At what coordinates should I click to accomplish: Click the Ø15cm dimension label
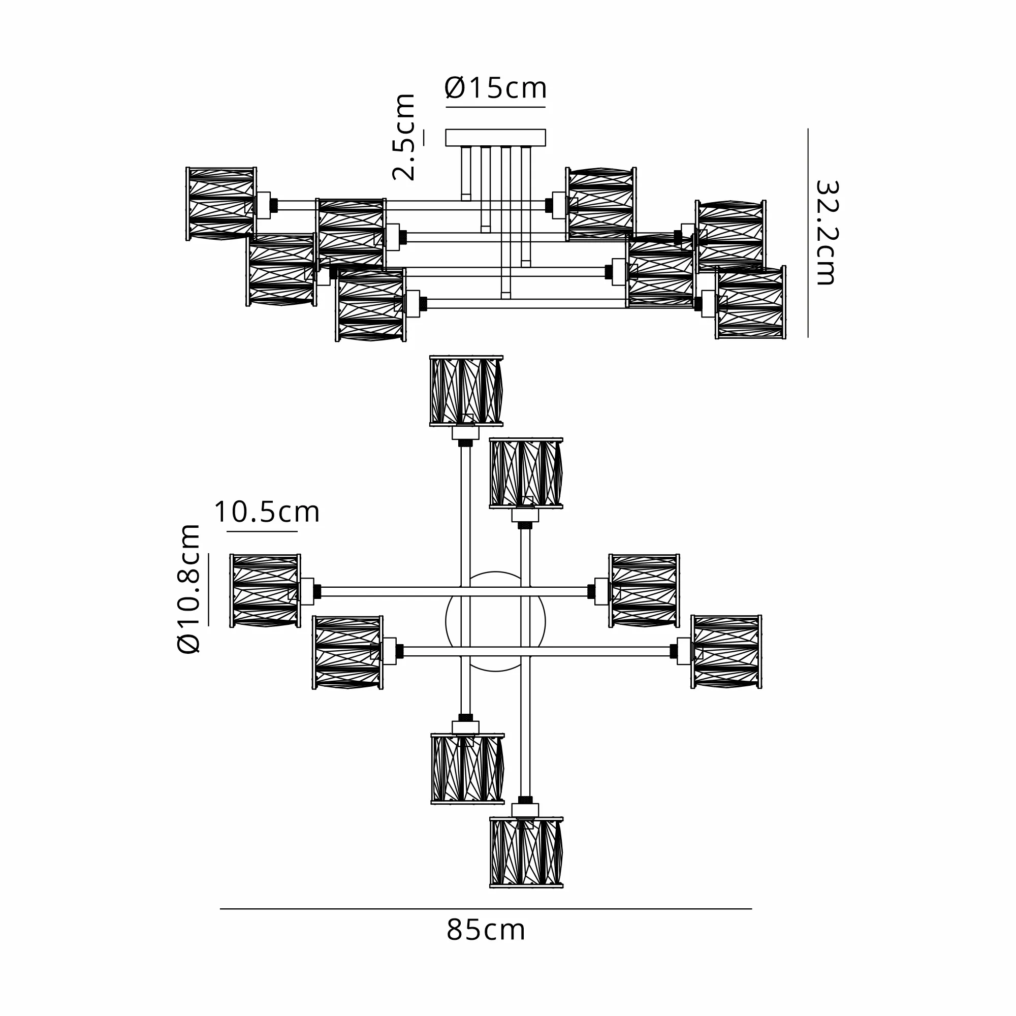click(495, 88)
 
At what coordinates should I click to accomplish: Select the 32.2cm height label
click(825, 233)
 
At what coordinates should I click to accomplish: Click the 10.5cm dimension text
click(267, 512)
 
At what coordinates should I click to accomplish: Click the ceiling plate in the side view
click(495, 138)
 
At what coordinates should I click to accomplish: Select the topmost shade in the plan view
click(466, 390)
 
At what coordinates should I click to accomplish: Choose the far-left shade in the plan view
click(266, 591)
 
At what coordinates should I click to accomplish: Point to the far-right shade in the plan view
click(726, 652)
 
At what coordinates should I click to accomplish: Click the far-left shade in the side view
click(221, 204)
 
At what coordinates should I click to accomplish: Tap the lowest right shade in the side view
click(750, 303)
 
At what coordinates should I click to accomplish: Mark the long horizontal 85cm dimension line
click(486, 909)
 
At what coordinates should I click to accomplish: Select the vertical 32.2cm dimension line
click(808, 233)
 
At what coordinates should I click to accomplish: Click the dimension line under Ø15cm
click(495, 107)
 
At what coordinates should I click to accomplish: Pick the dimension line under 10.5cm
click(263, 531)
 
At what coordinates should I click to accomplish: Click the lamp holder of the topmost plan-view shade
click(465, 433)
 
